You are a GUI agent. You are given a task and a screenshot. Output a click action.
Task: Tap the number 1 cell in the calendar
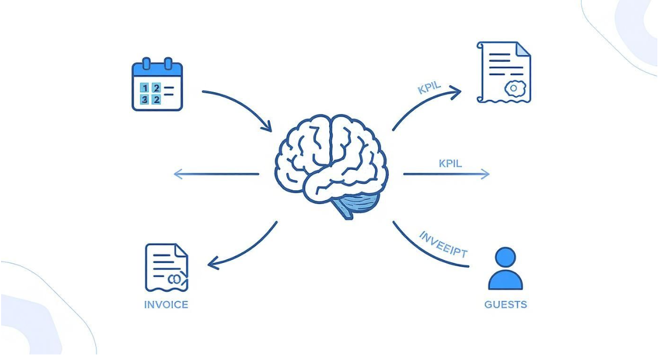point(144,88)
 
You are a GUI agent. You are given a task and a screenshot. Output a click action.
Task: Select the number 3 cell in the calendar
point(144,99)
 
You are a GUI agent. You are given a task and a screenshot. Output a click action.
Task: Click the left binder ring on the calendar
point(146,64)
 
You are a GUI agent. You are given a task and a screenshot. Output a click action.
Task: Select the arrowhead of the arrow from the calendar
point(267,127)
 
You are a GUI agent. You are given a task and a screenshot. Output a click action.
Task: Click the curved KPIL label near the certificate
point(430,87)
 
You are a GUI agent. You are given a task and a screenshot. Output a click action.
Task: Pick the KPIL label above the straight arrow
point(450,163)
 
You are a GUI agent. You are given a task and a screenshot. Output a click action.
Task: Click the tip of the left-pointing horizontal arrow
point(176,174)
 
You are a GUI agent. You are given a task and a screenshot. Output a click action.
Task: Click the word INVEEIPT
point(443,245)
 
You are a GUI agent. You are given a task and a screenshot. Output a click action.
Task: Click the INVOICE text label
point(166,304)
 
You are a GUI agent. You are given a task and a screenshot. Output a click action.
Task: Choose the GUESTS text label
point(505,304)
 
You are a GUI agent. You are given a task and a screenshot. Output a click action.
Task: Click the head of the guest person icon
point(505,257)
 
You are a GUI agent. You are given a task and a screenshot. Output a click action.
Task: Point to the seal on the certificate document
point(514,88)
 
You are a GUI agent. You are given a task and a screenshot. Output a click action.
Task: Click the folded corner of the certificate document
point(523,49)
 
